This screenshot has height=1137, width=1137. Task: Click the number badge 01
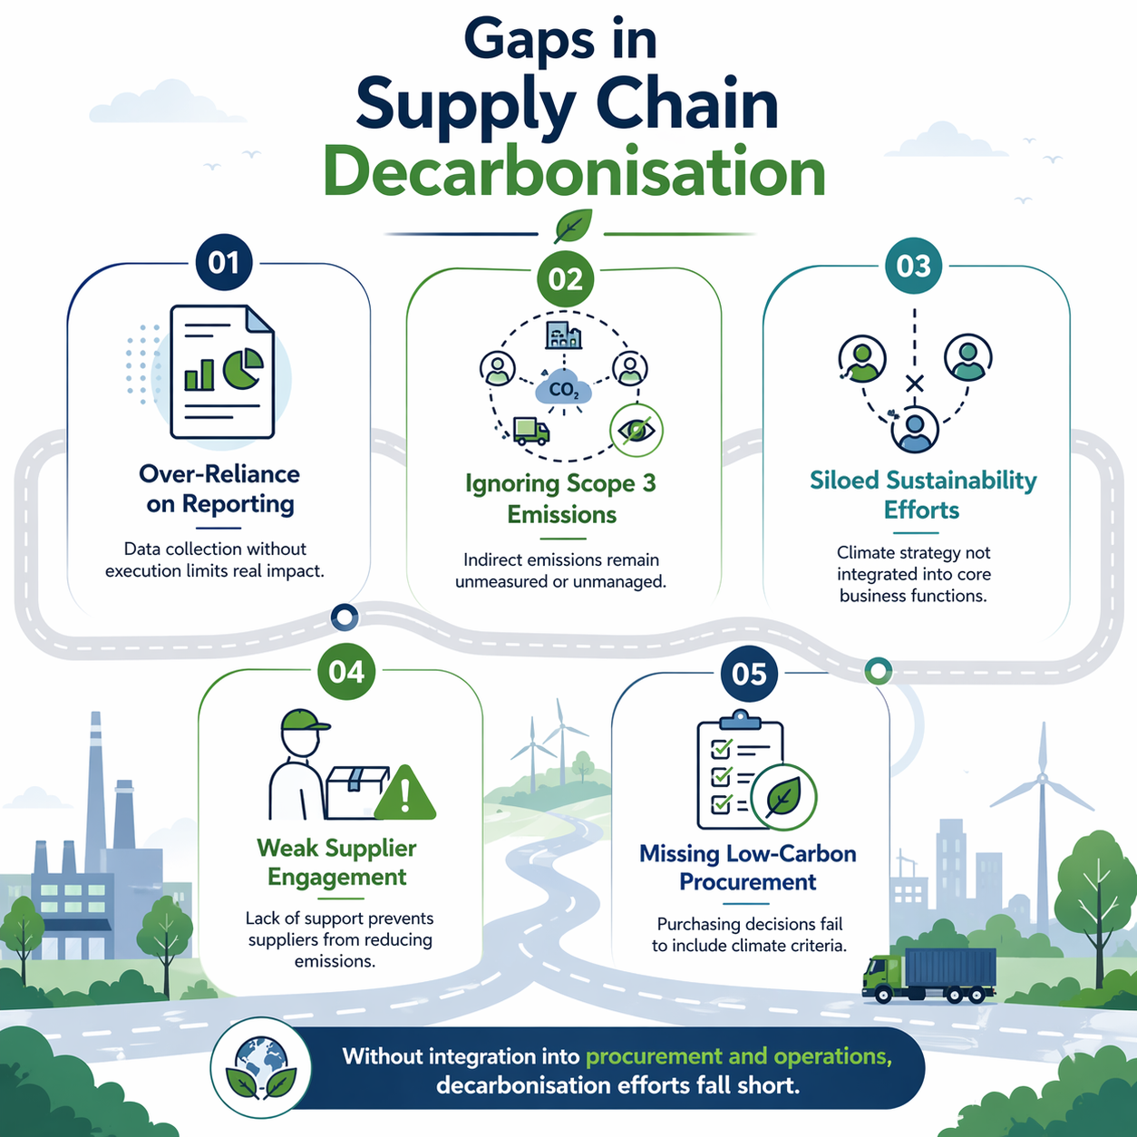click(224, 263)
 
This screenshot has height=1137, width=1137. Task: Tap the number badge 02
click(565, 278)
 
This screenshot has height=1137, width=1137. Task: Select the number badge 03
click(913, 266)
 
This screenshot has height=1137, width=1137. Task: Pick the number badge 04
click(346, 672)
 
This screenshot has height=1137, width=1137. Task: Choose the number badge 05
click(749, 674)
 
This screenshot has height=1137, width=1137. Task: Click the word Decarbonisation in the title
click(575, 171)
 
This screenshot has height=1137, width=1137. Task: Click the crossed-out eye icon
click(637, 430)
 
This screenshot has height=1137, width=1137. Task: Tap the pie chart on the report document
click(242, 369)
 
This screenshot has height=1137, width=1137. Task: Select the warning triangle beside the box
click(405, 794)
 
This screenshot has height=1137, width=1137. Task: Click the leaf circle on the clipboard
click(783, 797)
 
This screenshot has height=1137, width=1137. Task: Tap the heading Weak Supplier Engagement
click(337, 862)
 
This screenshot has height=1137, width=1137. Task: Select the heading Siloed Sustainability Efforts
click(923, 495)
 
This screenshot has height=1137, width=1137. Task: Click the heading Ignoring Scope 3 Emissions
click(561, 499)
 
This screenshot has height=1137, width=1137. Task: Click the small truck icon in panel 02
click(530, 431)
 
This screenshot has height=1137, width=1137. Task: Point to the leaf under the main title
click(573, 226)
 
